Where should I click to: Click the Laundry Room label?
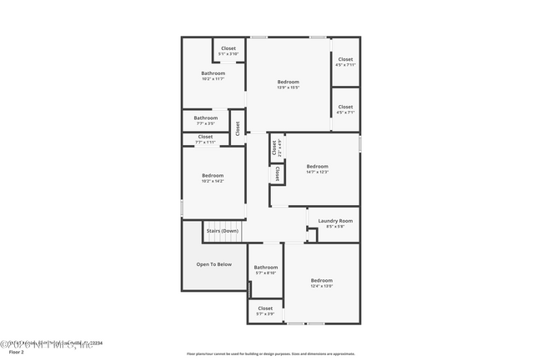[x=335, y=221]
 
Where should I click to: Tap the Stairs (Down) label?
[x=223, y=230]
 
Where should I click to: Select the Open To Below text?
[x=214, y=264]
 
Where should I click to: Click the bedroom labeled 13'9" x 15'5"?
[x=288, y=82]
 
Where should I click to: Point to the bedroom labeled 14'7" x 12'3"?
[x=317, y=167]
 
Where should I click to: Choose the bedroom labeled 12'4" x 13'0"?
[x=321, y=281]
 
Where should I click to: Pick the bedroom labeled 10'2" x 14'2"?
[x=213, y=176]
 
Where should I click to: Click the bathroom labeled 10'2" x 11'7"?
[x=213, y=73]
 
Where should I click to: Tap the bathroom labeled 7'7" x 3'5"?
[x=205, y=118]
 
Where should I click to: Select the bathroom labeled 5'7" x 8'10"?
[x=265, y=268]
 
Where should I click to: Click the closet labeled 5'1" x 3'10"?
[x=228, y=48]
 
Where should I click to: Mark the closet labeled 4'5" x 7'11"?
[x=345, y=59]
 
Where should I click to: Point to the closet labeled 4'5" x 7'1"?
[x=345, y=108]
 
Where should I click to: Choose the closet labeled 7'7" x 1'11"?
[x=205, y=137]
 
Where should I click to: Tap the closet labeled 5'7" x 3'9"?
[x=265, y=308]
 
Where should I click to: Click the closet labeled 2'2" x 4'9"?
[x=273, y=148]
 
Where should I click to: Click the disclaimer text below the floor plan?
[x=270, y=353]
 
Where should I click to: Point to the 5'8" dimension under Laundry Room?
[x=335, y=227]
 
